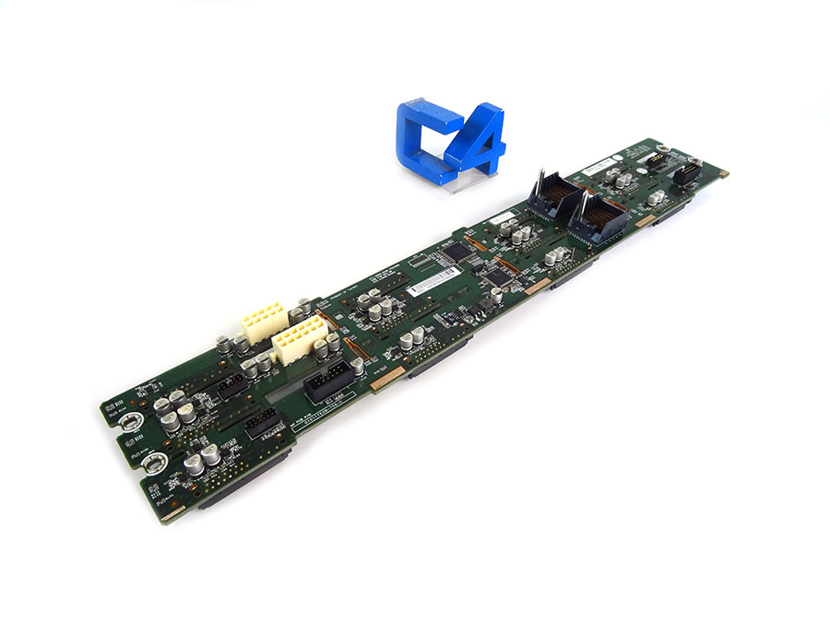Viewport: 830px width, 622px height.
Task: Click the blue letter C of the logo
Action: click(422, 138)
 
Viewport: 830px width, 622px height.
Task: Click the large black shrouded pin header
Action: click(327, 378)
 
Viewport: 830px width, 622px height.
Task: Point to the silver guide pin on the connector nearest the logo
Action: click(537, 175)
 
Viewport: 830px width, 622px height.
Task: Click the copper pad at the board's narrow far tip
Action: click(723, 172)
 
